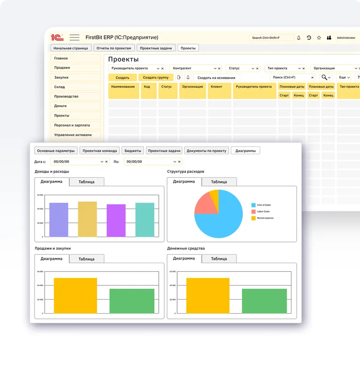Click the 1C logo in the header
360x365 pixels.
pyautogui.click(x=57, y=37)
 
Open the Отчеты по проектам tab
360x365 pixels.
pyautogui.click(x=113, y=48)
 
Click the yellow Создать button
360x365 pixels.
pyautogui.click(x=122, y=77)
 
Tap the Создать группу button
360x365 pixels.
pyautogui.click(x=156, y=77)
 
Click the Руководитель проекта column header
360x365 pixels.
pyautogui.click(x=254, y=87)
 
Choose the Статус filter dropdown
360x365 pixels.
pyautogui.click(x=243, y=69)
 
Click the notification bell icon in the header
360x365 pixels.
pyautogui.click(x=299, y=37)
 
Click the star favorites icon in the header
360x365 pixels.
pyautogui.click(x=319, y=37)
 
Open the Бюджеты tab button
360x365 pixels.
pyautogui.click(x=132, y=151)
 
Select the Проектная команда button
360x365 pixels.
pyautogui.click(x=100, y=151)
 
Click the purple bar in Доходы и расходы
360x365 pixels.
pyautogui.click(x=116, y=220)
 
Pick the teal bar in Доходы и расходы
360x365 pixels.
pyautogui.click(x=144, y=219)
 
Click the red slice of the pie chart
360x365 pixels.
pyautogui.click(x=204, y=204)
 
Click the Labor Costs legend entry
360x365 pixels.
pyautogui.click(x=263, y=212)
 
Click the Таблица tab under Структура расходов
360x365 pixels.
pyautogui.click(x=219, y=182)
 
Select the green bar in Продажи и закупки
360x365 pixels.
pyautogui.click(x=132, y=301)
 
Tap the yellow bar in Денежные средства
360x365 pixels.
pyautogui.click(x=208, y=295)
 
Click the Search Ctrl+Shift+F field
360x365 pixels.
pyautogui.click(x=272, y=37)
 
